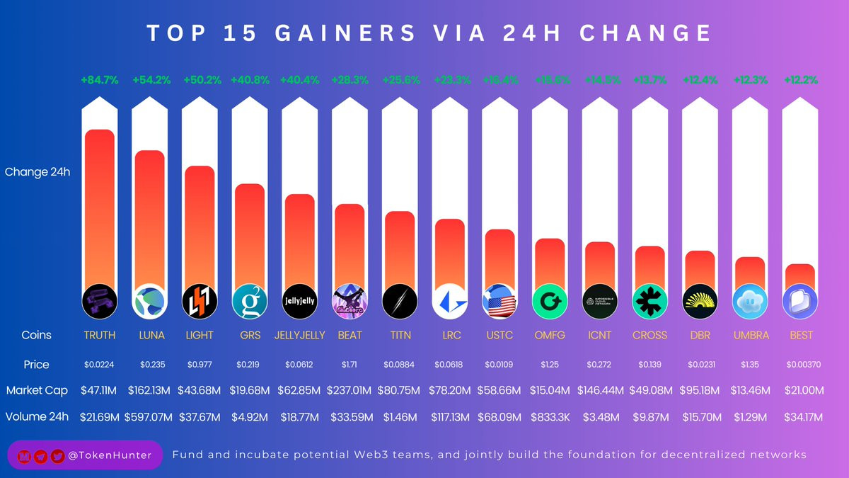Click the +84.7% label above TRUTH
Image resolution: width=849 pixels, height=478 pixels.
98,80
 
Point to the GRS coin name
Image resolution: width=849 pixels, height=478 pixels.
249,335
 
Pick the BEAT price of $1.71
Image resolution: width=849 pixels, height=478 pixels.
350,364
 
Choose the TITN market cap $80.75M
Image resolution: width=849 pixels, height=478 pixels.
400,390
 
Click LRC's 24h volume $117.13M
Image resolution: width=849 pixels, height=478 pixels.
450,416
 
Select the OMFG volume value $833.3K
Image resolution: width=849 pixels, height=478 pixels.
550,416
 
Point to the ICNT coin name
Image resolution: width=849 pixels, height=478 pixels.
600,335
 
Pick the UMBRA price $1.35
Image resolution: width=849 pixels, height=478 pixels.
750,364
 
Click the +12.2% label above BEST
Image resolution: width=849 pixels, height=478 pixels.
800,80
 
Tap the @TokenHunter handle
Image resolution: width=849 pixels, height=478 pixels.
112,455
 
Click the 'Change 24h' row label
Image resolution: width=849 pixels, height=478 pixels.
37,171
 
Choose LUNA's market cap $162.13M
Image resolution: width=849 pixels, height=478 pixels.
149,390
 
